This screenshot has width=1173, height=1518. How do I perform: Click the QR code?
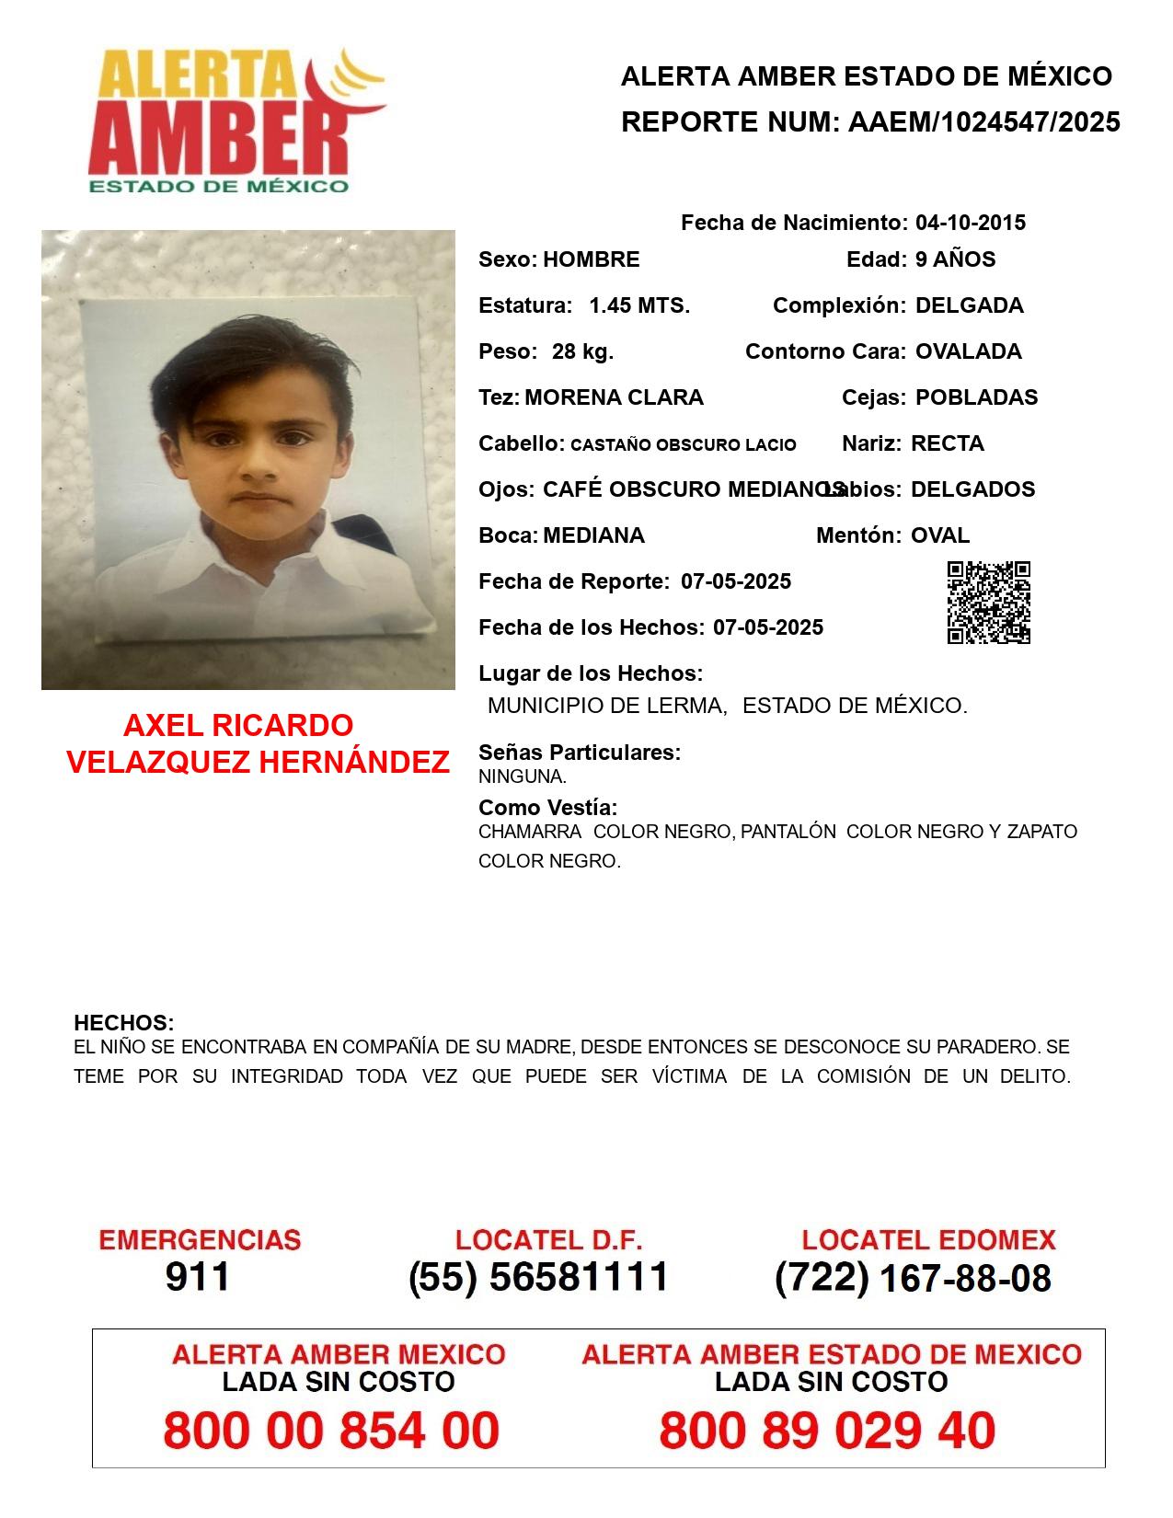[989, 603]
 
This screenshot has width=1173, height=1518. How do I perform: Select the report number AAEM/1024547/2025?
[983, 121]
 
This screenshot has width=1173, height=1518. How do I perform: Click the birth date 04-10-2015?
[970, 223]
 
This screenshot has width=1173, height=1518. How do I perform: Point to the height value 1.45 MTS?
[639, 305]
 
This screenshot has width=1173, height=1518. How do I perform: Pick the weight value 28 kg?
[582, 351]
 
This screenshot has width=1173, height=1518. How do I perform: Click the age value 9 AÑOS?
[955, 259]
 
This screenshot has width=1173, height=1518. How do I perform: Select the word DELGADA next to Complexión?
[969, 305]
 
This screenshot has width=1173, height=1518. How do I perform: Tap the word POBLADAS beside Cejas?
[976, 397]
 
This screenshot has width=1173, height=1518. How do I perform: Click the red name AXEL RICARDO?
[238, 726]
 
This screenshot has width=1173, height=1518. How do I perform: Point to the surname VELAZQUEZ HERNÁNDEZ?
[259, 763]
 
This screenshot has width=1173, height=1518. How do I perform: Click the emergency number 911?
[198, 1277]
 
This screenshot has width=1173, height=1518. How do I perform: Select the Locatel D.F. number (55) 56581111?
[539, 1277]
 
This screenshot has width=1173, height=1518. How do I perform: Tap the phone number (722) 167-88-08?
[913, 1278]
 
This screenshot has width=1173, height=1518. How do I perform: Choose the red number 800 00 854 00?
[331, 1431]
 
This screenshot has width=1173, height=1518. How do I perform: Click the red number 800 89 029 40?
[827, 1431]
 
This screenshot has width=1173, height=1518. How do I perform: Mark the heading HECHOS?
[124, 1023]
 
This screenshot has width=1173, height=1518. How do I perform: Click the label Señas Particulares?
[580, 753]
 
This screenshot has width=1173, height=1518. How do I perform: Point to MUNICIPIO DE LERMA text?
[607, 706]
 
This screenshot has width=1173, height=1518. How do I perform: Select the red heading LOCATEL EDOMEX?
[928, 1240]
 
